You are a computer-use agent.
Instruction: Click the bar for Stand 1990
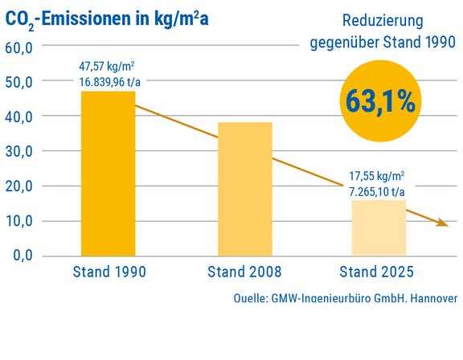(109, 173)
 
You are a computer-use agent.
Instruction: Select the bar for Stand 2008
(245, 188)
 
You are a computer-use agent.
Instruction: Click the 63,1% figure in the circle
(381, 100)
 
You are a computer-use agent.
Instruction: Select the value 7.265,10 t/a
(377, 191)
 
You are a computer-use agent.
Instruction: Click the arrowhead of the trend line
(441, 223)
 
